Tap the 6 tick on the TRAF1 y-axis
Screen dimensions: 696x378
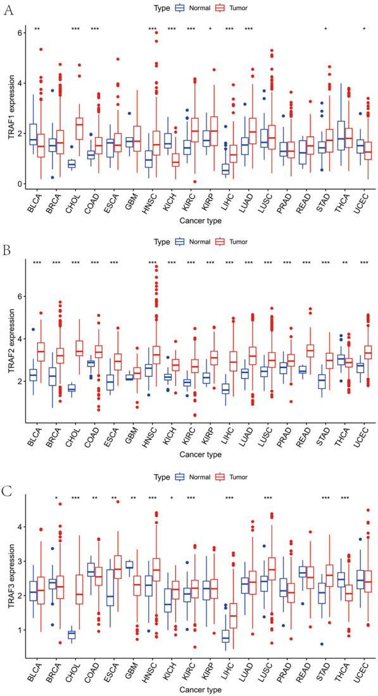(x=20, y=33)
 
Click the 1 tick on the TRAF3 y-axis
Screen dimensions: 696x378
(x=20, y=630)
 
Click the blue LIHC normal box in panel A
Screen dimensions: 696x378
(x=225, y=169)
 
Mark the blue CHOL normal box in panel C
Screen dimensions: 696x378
(x=72, y=634)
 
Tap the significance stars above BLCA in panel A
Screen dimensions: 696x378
(x=37, y=29)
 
